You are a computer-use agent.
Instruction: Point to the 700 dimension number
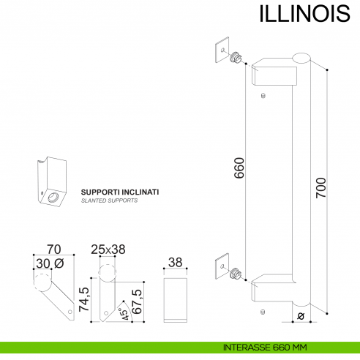(319, 190)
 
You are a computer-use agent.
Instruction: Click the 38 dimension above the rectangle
(176, 263)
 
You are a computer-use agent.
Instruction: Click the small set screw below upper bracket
(262, 95)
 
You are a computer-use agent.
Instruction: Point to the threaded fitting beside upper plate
(236, 58)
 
